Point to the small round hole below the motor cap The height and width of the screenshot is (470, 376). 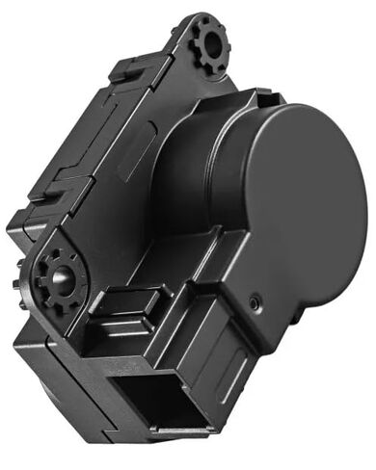point(254,301)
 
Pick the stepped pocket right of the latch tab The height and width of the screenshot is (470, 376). point(183,313)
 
